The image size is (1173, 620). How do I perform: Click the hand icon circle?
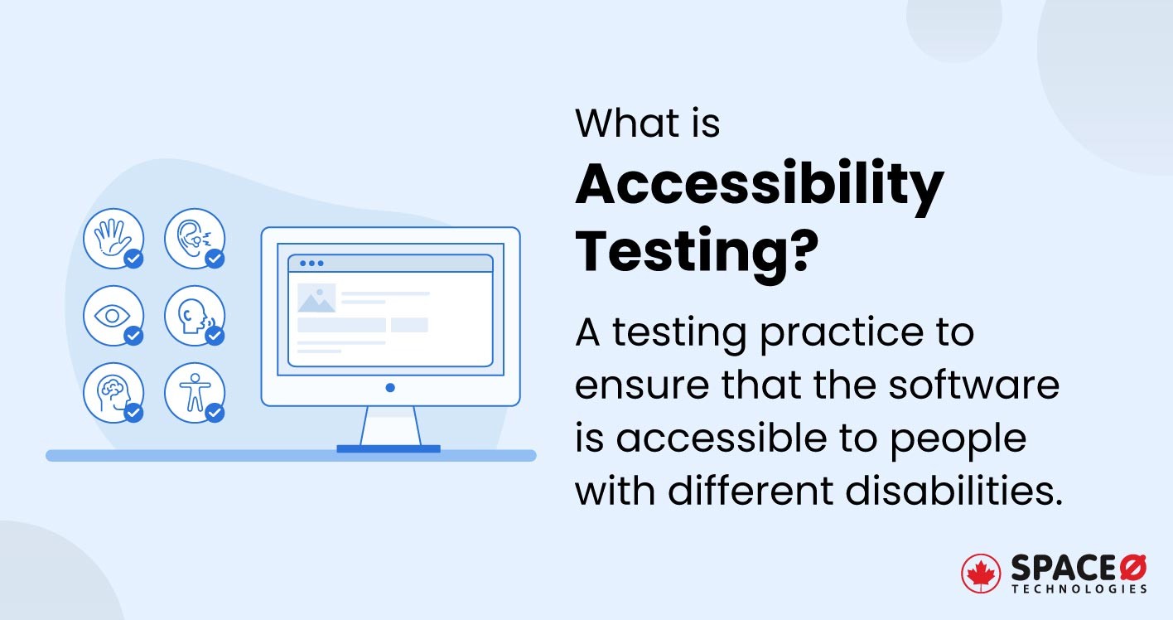coord(113,239)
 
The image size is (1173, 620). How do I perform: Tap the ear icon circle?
coord(194,239)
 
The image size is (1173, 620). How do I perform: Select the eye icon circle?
coord(113,316)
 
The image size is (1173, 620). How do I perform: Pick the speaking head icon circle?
coord(194,316)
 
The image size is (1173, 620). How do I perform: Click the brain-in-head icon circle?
coord(113,392)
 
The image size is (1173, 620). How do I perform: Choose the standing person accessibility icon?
coord(194,392)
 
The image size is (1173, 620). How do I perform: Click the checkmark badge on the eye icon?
coord(133,336)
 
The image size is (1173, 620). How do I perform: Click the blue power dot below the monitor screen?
coord(390,387)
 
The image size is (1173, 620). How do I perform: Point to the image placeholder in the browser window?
coord(316,298)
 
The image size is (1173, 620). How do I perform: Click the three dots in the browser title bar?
coord(311,264)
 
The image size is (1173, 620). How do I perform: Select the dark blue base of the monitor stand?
coord(388,449)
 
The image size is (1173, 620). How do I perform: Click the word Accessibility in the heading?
coord(759,186)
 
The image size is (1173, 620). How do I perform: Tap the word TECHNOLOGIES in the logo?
coord(1079,589)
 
